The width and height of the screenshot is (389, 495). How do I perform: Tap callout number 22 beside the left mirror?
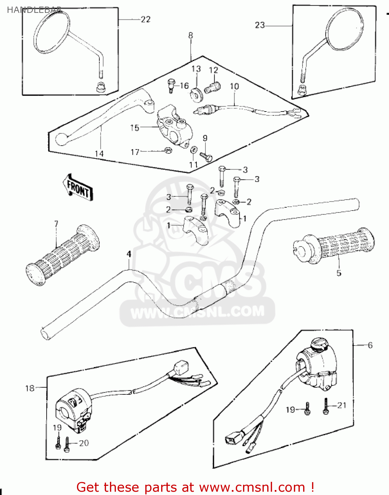click(145, 19)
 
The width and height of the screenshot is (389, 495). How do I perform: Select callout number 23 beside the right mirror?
click(260, 25)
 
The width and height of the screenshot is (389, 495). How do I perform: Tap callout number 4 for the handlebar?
click(129, 254)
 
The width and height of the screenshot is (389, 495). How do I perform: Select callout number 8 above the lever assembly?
click(191, 35)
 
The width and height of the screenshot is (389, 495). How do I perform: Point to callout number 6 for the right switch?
click(370, 345)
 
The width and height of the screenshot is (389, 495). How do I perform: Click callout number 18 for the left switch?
click(30, 388)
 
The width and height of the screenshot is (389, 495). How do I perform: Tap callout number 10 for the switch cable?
click(234, 86)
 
